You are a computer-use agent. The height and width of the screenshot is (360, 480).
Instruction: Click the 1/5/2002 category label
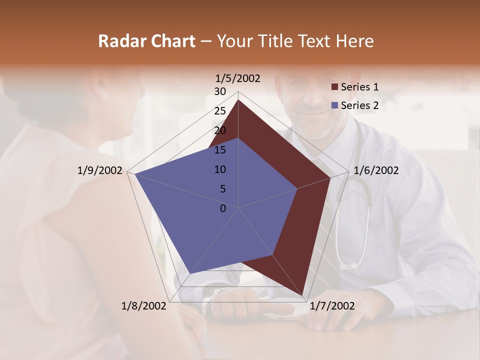coord(238,78)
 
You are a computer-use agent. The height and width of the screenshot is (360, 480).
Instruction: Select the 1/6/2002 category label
coord(376,170)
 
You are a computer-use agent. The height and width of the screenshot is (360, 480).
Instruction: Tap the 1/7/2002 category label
coord(332,306)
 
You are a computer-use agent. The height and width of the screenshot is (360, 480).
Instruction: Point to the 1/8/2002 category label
coord(144,306)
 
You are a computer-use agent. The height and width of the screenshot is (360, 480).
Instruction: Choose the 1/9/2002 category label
coord(100,170)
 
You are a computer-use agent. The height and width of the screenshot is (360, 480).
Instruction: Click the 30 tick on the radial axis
coord(220,91)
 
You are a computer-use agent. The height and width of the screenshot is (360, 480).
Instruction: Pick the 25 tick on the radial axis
coord(220,111)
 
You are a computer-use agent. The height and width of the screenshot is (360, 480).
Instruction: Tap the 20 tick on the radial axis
coord(220,130)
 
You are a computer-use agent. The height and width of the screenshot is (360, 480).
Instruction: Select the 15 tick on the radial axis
coord(220,150)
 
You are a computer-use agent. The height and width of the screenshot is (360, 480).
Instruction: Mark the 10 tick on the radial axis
coord(220,169)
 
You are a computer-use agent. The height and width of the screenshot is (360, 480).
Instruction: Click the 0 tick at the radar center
coord(223,208)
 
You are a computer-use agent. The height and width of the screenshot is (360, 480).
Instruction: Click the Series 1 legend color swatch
coord(334,87)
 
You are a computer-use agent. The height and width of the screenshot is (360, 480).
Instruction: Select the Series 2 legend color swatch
coord(334,105)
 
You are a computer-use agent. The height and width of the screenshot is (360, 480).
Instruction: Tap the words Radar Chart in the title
coord(146,41)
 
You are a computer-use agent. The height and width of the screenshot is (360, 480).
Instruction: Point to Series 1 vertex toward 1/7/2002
coord(302,295)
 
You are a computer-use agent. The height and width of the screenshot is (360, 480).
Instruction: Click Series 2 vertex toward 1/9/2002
coord(135,174)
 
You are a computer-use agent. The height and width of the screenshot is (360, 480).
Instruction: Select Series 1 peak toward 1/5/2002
coord(238,100)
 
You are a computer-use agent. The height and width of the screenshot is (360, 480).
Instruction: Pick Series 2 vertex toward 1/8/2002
coord(190,274)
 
